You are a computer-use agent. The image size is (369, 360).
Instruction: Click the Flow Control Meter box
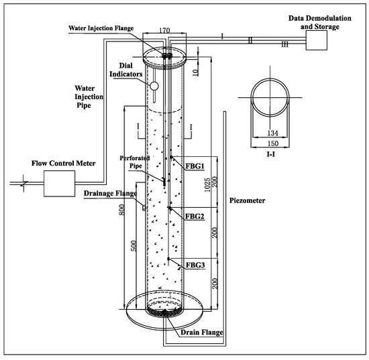point(60,184)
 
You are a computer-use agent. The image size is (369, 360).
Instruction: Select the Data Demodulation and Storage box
point(317,40)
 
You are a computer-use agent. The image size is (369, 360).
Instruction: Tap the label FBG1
point(195,166)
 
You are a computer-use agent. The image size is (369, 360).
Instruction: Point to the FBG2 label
point(195,217)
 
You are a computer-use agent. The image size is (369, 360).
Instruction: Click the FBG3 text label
point(195,265)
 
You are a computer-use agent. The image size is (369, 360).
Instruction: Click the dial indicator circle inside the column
point(154,86)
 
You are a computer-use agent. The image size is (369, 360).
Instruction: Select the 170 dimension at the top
point(164,31)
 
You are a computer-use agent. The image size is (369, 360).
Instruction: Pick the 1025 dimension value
point(207,185)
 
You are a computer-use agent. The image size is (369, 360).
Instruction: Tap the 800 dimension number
point(122,210)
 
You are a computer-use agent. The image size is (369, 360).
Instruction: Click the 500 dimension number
point(134,246)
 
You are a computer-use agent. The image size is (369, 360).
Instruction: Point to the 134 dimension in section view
point(272,133)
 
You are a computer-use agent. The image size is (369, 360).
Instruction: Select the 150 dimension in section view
point(273,143)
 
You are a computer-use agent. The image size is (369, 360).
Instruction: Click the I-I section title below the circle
point(271,154)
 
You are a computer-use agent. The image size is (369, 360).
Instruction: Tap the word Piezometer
point(247,200)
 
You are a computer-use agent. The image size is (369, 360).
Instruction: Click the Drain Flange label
point(202,333)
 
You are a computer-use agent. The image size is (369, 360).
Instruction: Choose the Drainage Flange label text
point(111,194)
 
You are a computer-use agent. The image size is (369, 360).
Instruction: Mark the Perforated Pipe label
point(135,162)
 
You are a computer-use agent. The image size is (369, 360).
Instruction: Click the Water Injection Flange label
point(101,28)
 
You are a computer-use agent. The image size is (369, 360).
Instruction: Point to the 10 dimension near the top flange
point(195,72)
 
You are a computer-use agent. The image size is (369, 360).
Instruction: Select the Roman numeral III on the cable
point(284,44)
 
